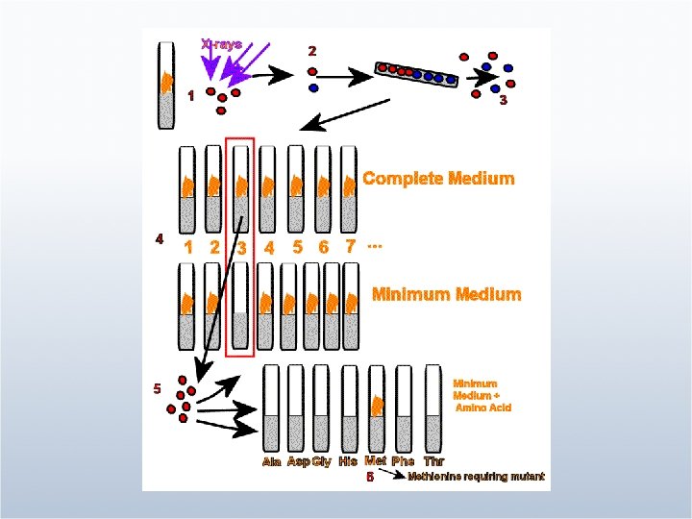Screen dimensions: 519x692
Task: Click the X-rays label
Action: coord(221,44)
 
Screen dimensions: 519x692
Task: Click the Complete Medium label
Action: coord(438,179)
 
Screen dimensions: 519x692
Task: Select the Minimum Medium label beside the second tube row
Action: coord(446,294)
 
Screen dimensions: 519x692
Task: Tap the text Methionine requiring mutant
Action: coord(477,477)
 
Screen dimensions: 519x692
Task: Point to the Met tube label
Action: coord(376,461)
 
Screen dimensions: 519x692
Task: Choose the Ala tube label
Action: coord(272,462)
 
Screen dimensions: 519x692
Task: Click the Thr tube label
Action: coord(433,462)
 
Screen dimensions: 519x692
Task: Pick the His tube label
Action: coord(348,462)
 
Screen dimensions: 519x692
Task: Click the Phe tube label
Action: coord(403,462)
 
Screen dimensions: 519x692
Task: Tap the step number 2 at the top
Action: coord(310,50)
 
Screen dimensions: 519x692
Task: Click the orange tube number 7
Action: coord(351,246)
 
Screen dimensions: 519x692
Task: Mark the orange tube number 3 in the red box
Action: coord(242,248)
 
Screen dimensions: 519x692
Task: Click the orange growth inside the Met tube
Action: coord(378,406)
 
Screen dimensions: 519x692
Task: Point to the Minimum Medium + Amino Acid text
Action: coord(482,395)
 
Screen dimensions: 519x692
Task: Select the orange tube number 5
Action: coord(298,246)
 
